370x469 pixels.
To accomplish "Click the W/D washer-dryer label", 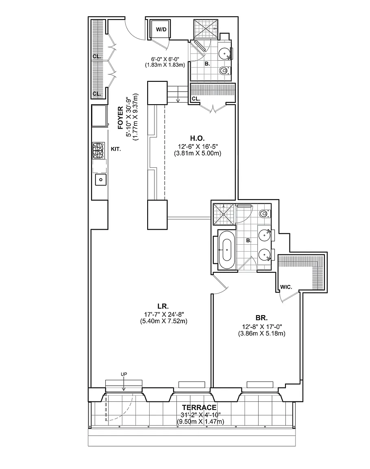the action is click(161, 29).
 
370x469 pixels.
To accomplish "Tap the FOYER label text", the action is click(120, 118).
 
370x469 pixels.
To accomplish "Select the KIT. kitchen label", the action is click(116, 149).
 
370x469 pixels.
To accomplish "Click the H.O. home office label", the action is click(197, 138).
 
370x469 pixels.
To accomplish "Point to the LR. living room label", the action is click(163, 306).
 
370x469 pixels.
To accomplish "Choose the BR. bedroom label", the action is click(261, 318).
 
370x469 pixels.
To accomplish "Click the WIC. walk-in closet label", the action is click(286, 287).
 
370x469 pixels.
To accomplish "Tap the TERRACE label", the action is click(199, 408).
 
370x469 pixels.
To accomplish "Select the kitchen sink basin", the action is click(101, 180).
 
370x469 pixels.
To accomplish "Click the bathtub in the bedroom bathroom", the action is click(227, 250).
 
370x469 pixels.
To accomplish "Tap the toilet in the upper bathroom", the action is click(224, 70).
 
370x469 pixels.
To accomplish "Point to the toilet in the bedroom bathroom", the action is click(264, 214).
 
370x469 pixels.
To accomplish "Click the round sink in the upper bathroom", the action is click(224, 54).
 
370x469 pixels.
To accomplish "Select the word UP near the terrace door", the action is click(124, 374).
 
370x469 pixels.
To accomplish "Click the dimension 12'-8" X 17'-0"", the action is click(262, 327).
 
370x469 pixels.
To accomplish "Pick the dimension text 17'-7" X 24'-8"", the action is click(163, 315).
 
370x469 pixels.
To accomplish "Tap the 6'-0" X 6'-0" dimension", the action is click(165, 59).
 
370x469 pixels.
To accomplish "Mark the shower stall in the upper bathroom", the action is click(205, 29).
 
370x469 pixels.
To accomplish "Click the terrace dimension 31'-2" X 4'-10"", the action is click(200, 415).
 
